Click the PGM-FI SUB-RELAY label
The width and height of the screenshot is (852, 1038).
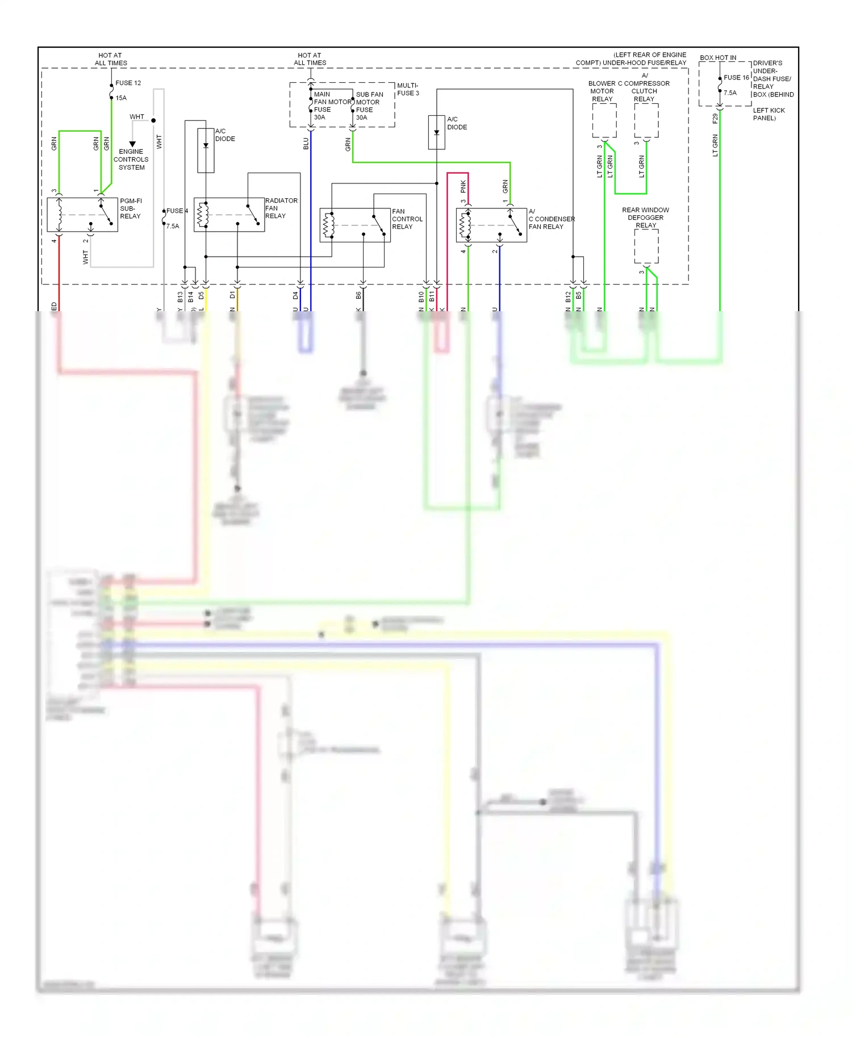(131, 208)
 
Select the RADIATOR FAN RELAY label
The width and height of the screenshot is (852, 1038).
(281, 208)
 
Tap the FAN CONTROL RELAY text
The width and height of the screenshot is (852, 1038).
(407, 219)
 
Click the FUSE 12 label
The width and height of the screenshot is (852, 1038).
(128, 83)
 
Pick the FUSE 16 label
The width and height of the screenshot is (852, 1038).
(736, 78)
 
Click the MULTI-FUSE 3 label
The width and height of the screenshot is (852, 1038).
(408, 89)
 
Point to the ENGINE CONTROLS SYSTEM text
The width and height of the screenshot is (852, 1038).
(131, 160)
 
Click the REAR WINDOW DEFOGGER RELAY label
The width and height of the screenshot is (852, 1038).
(645, 217)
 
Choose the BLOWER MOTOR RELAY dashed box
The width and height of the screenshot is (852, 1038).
(604, 120)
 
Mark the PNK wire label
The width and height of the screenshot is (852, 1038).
(463, 186)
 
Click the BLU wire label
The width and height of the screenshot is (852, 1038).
(306, 144)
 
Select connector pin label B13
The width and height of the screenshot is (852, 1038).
(180, 296)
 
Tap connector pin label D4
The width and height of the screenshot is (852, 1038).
(295, 296)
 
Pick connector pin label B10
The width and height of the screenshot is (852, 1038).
(421, 296)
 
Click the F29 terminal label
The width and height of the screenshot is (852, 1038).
(715, 118)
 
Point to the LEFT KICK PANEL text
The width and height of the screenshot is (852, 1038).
(769, 114)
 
